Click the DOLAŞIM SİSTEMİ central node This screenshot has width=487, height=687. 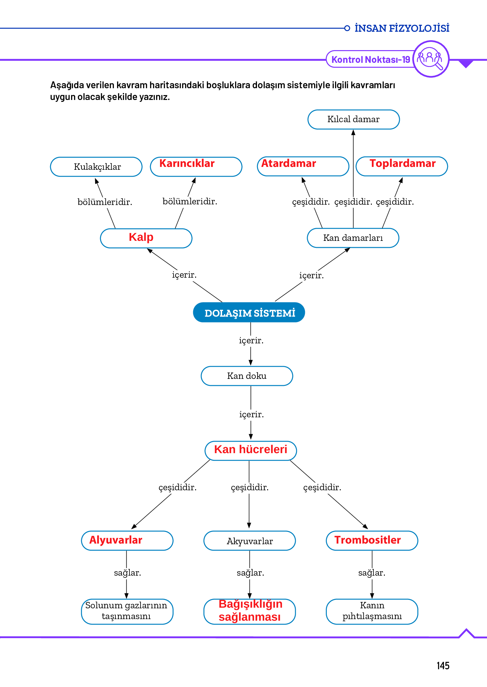click(x=249, y=313)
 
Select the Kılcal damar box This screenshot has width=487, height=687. click(x=353, y=120)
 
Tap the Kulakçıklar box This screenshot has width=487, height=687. click(x=96, y=167)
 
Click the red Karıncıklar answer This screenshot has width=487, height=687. click(x=187, y=163)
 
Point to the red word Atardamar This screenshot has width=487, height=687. click(x=288, y=163)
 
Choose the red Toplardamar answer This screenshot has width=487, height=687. click(x=403, y=163)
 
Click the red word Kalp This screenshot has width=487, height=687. click(x=141, y=237)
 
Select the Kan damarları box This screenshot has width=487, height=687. click(x=353, y=238)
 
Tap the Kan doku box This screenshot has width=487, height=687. click(x=247, y=376)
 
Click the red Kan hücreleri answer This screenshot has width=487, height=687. click(x=251, y=449)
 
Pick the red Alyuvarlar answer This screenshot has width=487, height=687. click(x=116, y=540)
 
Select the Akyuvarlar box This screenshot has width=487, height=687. click(x=250, y=541)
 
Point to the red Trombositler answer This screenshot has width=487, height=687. click(x=368, y=540)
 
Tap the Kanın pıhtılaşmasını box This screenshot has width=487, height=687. click(x=372, y=611)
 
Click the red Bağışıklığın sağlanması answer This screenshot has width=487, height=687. click(x=250, y=611)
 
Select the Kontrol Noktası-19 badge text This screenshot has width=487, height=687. click(x=371, y=59)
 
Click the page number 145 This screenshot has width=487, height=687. click(x=443, y=665)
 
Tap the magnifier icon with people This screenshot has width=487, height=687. click(x=431, y=59)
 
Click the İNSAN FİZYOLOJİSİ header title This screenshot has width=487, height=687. click(x=402, y=28)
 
